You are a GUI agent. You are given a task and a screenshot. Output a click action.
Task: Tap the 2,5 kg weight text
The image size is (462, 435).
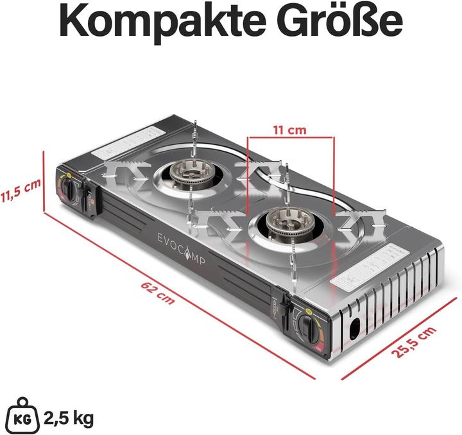pyautogui.click(x=68, y=419)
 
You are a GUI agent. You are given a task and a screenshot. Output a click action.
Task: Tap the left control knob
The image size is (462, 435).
pyautogui.click(x=73, y=191)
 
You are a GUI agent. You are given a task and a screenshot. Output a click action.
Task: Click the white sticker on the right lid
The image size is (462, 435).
pyautogui.click(x=359, y=273)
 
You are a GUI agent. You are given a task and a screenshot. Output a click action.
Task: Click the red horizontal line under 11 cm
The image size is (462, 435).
pyautogui.click(x=290, y=137)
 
